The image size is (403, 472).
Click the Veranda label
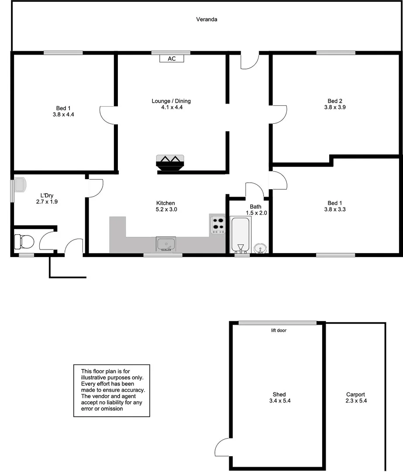(x=207, y=19)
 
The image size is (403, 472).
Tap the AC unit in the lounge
(x=172, y=59)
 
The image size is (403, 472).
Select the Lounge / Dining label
(x=171, y=101)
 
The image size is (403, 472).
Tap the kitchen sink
(x=165, y=243)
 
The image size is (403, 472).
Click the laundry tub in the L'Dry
(x=20, y=184)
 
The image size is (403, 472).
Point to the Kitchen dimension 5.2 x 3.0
(x=165, y=209)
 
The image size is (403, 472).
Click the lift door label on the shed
(x=279, y=330)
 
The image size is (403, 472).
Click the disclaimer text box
(x=111, y=390)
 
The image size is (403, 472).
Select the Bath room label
(x=255, y=207)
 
